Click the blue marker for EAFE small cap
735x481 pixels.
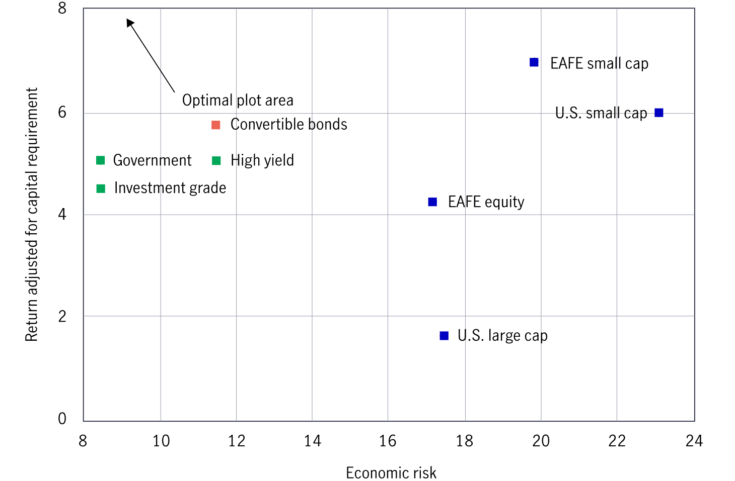point(534,62)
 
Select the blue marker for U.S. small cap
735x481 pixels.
point(658,113)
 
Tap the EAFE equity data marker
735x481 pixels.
point(432,202)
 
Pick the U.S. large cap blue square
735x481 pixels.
point(444,336)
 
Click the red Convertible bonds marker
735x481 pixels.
point(216,125)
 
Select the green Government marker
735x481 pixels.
point(101,160)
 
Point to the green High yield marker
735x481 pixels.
point(216,160)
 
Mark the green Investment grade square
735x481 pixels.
point(101,188)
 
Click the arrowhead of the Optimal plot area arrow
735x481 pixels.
point(129,22)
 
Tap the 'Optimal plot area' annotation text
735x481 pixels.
point(238,100)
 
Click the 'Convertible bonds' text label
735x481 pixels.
point(288,124)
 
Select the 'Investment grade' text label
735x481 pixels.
point(170,188)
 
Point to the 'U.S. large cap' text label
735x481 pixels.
point(502,335)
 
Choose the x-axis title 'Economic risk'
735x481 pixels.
point(391,472)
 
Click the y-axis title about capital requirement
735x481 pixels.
point(31,215)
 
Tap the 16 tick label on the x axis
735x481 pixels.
point(388,441)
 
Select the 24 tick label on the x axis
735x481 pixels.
point(694,441)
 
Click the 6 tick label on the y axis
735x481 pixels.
point(62,112)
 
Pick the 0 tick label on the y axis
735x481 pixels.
point(62,418)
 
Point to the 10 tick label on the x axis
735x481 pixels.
point(161,441)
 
